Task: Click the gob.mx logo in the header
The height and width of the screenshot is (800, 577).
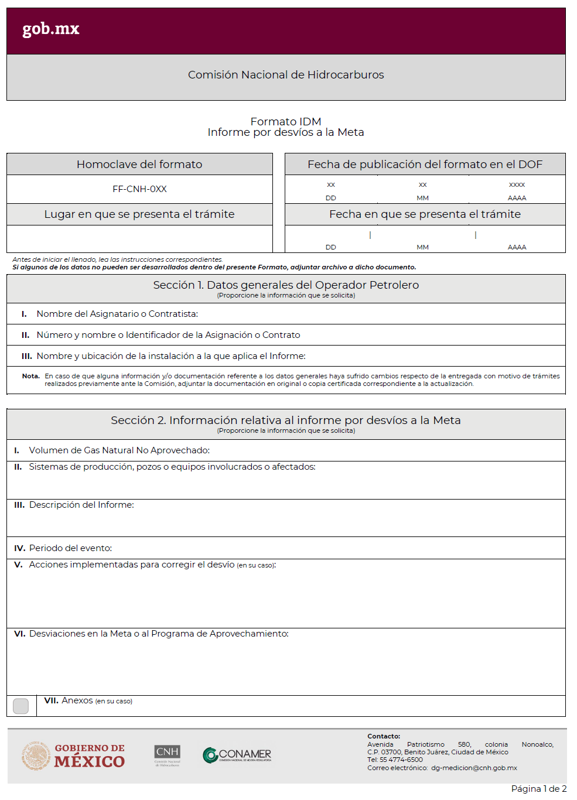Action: (x=50, y=29)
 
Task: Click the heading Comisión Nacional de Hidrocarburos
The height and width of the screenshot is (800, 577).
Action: (x=286, y=75)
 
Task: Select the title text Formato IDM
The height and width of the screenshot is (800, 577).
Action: (x=286, y=121)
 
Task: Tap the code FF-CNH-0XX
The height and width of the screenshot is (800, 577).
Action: (x=139, y=189)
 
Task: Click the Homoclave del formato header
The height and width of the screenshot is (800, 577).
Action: (x=139, y=165)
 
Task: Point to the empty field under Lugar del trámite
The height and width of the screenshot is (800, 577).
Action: (x=139, y=239)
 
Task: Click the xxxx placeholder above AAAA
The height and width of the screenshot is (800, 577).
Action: (x=517, y=185)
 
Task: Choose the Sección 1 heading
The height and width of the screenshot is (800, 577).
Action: (x=286, y=285)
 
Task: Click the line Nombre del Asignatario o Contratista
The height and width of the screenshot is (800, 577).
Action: (x=117, y=314)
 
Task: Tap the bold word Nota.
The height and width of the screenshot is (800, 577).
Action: (x=30, y=376)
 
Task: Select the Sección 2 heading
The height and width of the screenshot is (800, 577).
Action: (x=286, y=420)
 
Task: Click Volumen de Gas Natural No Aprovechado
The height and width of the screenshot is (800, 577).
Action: (x=119, y=450)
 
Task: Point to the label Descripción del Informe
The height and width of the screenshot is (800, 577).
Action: (x=81, y=505)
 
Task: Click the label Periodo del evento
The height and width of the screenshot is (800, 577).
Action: (x=70, y=548)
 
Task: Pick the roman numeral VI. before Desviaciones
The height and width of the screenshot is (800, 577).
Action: (x=19, y=634)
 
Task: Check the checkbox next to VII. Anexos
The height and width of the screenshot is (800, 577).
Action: (x=21, y=706)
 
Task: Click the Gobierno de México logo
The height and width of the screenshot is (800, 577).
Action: (x=74, y=755)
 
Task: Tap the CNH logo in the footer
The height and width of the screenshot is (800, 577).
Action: (x=168, y=754)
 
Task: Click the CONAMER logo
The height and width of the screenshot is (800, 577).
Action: (x=237, y=755)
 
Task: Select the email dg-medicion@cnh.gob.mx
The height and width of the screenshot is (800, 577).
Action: (x=474, y=768)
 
